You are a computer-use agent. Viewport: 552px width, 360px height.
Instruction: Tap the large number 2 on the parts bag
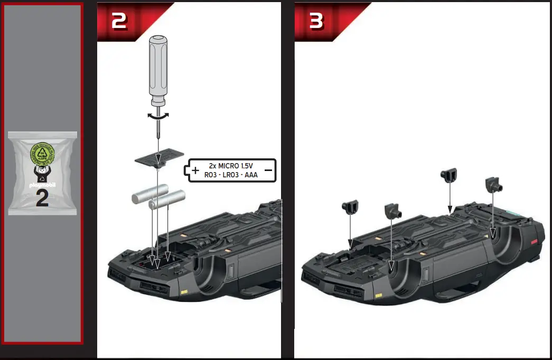coord(42,198)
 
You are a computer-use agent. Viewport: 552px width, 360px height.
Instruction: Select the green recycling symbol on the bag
coord(42,155)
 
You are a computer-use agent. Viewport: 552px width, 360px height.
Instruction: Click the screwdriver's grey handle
coord(158,69)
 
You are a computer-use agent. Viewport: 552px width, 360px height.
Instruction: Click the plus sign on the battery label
coord(195,170)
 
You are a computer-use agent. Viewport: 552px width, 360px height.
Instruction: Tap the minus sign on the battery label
coord(268,170)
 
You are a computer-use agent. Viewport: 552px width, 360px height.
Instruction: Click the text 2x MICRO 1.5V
coord(231,166)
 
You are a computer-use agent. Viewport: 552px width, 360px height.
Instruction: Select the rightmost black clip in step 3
coord(494,185)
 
